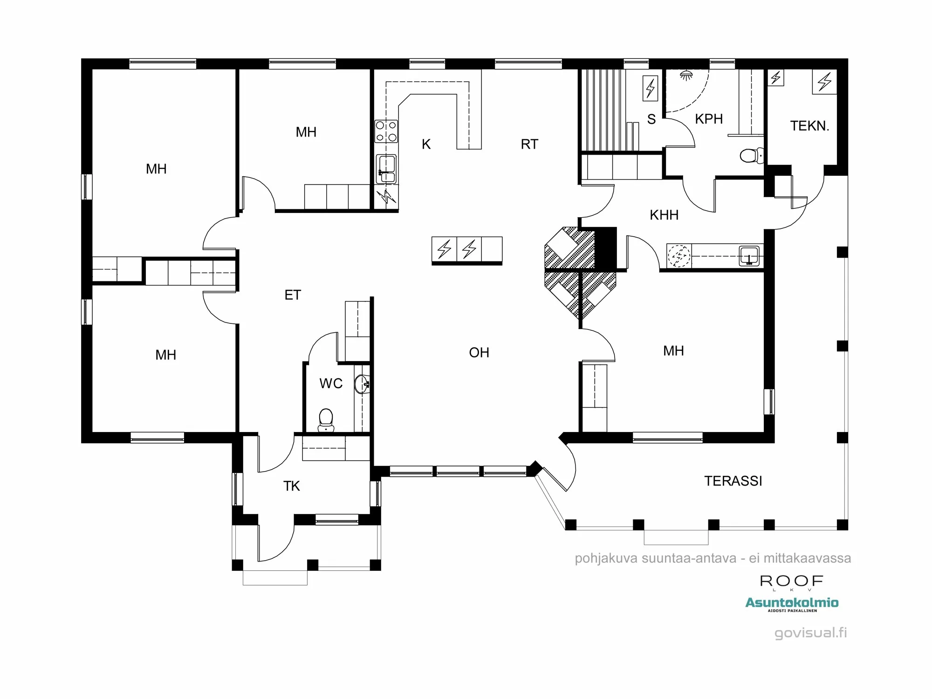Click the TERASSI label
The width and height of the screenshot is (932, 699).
tap(733, 481)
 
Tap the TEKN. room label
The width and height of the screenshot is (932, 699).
tap(810, 126)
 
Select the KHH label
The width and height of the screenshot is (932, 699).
tap(664, 215)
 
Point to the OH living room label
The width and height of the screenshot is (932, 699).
tap(479, 352)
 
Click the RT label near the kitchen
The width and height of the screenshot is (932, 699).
tap(529, 144)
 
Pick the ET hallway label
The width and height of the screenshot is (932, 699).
tap(293, 295)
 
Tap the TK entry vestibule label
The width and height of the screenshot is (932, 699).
tap(292, 486)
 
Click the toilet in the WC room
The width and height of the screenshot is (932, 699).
tap(326, 420)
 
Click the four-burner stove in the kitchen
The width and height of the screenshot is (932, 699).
tap(386, 131)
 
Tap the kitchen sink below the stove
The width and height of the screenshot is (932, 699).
tap(386, 169)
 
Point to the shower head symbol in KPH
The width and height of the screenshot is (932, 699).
tap(686, 75)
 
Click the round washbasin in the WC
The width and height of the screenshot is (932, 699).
tap(362, 384)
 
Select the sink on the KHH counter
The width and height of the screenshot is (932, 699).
tap(749, 256)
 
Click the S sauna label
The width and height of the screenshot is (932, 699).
tap(651, 120)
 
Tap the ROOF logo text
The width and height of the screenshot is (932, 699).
tap(792, 581)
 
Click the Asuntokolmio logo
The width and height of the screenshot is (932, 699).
tap(792, 604)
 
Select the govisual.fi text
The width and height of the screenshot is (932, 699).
tap(811, 633)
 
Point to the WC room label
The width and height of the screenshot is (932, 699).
tap(331, 384)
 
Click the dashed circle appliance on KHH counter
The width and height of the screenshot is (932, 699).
tap(679, 255)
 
